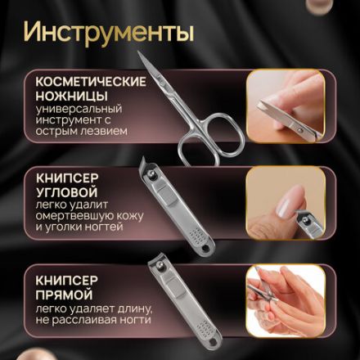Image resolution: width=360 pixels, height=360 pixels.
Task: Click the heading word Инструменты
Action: pos(108,34)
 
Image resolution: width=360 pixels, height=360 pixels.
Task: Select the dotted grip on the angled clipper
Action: pos(199,235)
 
